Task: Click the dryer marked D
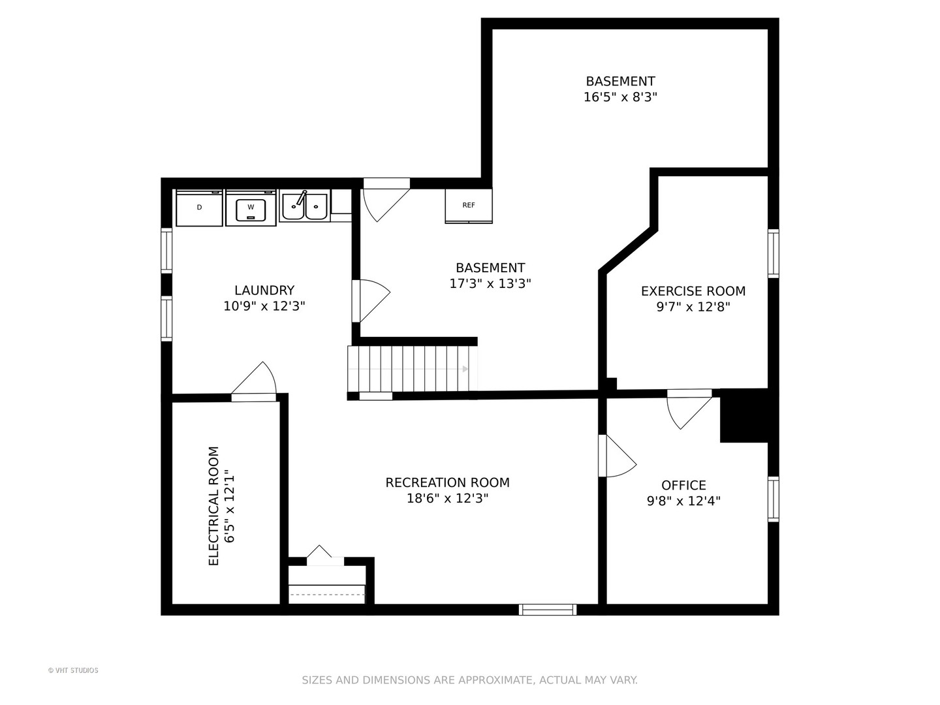pyautogui.click(x=199, y=208)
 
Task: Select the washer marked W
pyautogui.click(x=251, y=208)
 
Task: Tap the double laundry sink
pyautogui.click(x=304, y=206)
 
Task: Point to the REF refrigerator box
pyautogui.click(x=469, y=206)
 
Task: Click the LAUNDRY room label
pyautogui.click(x=264, y=290)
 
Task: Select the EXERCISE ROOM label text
pyautogui.click(x=693, y=291)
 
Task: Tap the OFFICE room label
pyautogui.click(x=683, y=485)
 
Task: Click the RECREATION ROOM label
pyautogui.click(x=448, y=482)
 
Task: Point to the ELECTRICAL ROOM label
pyautogui.click(x=213, y=506)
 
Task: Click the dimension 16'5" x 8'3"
pyautogui.click(x=620, y=97)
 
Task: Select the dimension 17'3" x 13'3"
pyautogui.click(x=490, y=283)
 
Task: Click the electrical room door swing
pyautogui.click(x=255, y=382)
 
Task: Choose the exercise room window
pyautogui.click(x=773, y=253)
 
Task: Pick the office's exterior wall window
pyautogui.click(x=773, y=499)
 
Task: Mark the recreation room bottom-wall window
pyautogui.click(x=547, y=610)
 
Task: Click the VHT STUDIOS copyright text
pyautogui.click(x=73, y=670)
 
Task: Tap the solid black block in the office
pyautogui.click(x=744, y=415)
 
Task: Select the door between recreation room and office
pyautogui.click(x=617, y=456)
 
